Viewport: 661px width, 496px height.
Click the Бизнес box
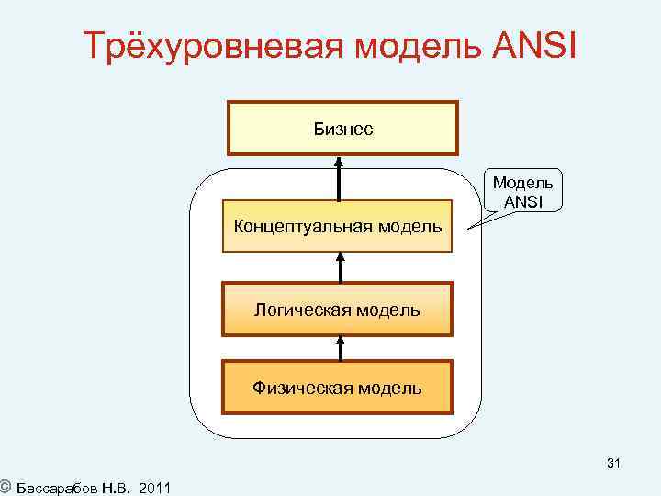342,129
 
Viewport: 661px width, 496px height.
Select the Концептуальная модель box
338,226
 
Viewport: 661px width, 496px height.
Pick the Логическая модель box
338,309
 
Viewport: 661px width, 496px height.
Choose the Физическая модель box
338,388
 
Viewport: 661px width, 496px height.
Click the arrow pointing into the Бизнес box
340,178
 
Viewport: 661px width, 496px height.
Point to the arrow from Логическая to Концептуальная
340,267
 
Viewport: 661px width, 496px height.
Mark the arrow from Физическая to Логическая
340,347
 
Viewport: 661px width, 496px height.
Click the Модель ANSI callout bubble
522,192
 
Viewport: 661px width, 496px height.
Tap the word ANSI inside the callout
522,202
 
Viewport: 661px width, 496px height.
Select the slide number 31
613,465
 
